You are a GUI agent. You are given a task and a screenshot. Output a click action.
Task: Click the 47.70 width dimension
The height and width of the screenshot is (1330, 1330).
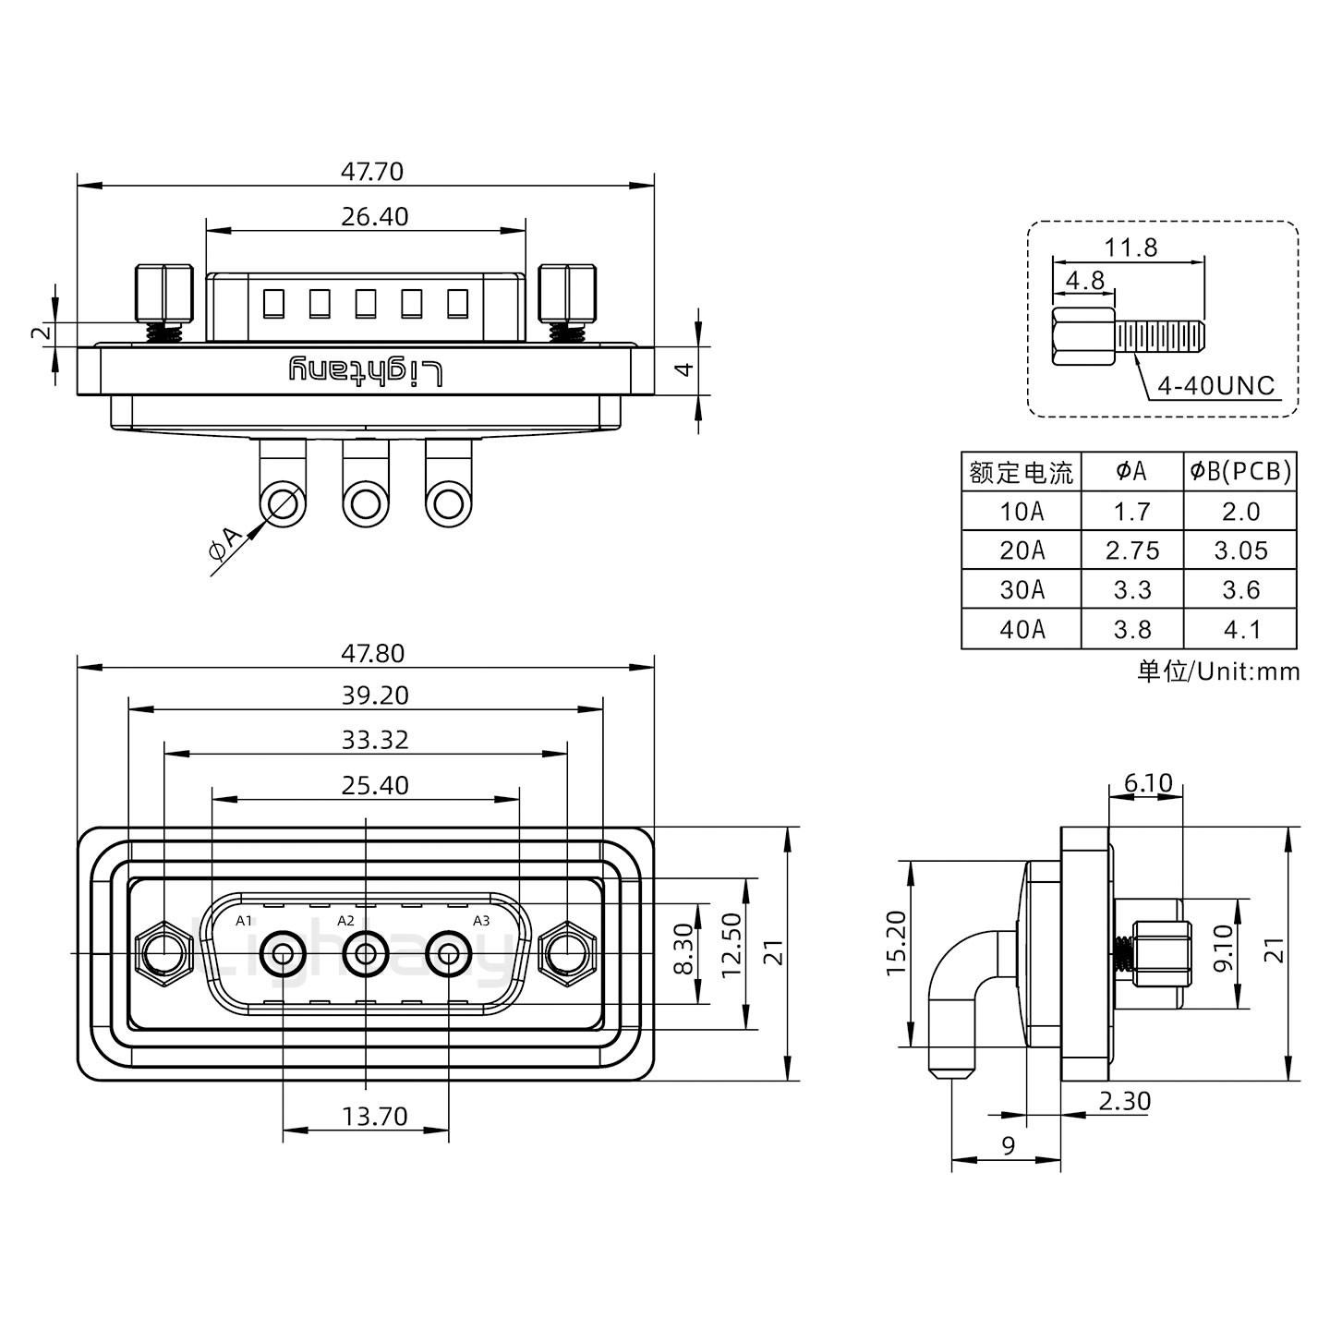(372, 172)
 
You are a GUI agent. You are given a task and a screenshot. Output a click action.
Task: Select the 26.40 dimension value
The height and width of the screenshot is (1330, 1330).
(374, 217)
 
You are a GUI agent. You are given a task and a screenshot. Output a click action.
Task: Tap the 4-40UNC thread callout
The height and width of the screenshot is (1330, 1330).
(1215, 386)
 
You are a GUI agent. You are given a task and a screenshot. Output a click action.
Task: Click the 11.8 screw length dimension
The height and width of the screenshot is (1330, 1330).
(1130, 248)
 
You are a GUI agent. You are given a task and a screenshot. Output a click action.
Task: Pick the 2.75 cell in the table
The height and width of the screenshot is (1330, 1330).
(1131, 550)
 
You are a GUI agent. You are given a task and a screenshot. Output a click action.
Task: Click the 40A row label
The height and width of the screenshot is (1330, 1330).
(1022, 629)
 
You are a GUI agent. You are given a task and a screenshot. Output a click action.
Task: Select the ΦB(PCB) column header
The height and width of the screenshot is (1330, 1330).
(1240, 471)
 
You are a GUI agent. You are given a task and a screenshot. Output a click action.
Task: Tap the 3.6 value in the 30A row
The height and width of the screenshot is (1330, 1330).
(1240, 590)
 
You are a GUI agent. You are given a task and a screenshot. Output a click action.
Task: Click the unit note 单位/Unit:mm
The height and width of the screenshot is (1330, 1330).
(1218, 671)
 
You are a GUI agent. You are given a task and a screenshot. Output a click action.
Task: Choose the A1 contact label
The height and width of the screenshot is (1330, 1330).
(244, 921)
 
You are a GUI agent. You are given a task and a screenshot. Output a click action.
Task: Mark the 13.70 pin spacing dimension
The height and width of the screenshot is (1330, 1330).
(374, 1117)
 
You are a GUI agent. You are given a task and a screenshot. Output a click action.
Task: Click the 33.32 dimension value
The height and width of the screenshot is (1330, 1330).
(374, 740)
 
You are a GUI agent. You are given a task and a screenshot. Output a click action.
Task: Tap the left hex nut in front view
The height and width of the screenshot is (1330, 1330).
(163, 952)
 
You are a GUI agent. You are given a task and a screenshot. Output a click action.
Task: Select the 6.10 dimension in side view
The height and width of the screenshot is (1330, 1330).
(1147, 784)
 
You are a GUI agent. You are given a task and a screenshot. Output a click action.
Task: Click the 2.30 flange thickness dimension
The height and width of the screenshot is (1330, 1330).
(1124, 1101)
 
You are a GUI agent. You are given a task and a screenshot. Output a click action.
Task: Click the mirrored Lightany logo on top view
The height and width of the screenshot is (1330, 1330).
(366, 371)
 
